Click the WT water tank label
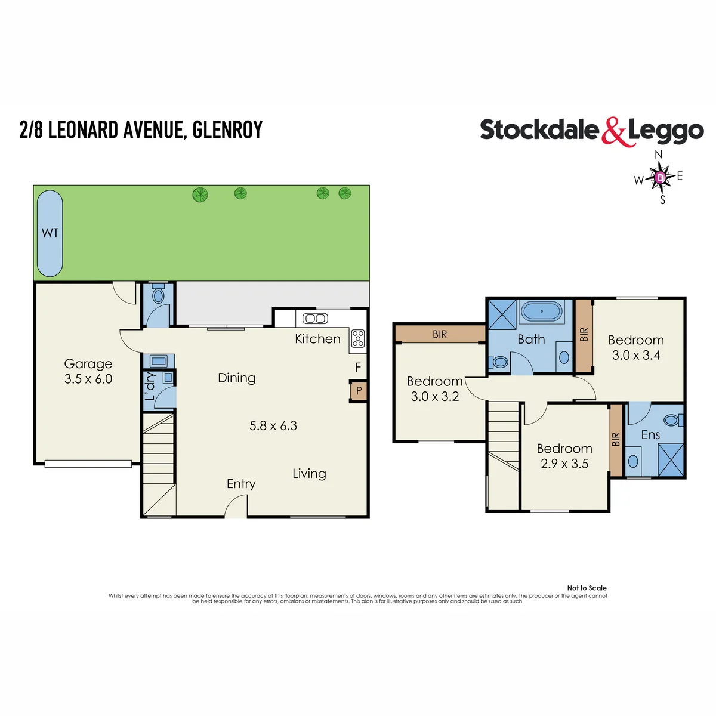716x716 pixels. pyautogui.click(x=50, y=233)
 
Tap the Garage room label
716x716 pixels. pyautogui.click(x=88, y=363)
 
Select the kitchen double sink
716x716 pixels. pyautogui.click(x=315, y=319)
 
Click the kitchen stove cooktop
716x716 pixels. pyautogui.click(x=358, y=338)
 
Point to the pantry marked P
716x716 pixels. pyautogui.click(x=359, y=390)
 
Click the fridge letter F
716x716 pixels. pyautogui.click(x=358, y=367)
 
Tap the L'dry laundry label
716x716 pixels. pyautogui.click(x=150, y=387)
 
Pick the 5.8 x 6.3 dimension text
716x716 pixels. pyautogui.click(x=273, y=426)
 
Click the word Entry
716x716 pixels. pyautogui.click(x=241, y=484)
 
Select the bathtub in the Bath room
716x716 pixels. pyautogui.click(x=542, y=311)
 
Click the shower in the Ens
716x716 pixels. pyautogui.click(x=671, y=459)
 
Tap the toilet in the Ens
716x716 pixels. pyautogui.click(x=673, y=420)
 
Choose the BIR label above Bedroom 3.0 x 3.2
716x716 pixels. pyautogui.click(x=440, y=334)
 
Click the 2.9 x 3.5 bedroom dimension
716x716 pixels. pyautogui.click(x=564, y=464)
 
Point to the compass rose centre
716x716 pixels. pyautogui.click(x=660, y=177)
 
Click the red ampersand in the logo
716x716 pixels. pyautogui.click(x=613, y=132)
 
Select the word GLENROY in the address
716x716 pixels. pyautogui.click(x=228, y=129)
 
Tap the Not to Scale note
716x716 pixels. pyautogui.click(x=587, y=588)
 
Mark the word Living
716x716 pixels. pyautogui.click(x=309, y=474)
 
